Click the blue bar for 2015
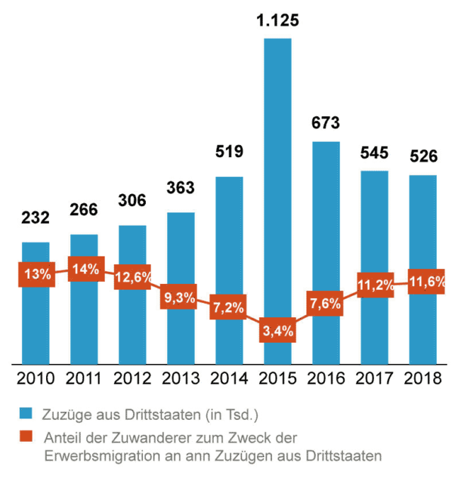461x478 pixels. [x=278, y=177]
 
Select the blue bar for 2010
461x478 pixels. [x=35, y=319]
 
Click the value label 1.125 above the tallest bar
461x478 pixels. [x=278, y=21]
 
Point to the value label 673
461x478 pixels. [x=326, y=123]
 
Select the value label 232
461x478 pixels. [x=35, y=217]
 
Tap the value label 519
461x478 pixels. [x=229, y=151]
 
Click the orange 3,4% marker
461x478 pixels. [x=277, y=331]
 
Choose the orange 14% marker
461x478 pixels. [x=85, y=268]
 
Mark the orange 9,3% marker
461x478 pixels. [x=181, y=297]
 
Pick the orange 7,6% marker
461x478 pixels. [x=326, y=304]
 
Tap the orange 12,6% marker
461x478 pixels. [x=133, y=277]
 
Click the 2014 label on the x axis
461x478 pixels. [x=229, y=378]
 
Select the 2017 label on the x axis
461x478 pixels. [x=375, y=378]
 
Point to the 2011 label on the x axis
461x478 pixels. [x=84, y=378]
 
